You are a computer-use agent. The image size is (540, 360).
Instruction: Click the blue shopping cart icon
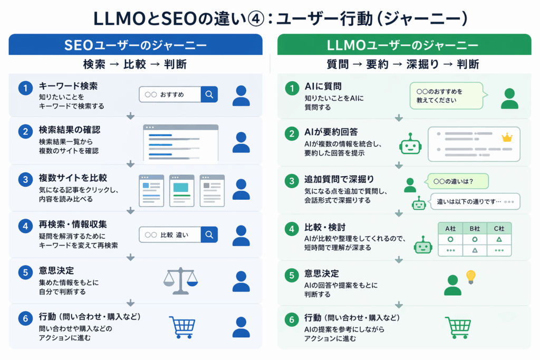click(182, 327)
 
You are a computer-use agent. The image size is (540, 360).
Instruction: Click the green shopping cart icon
click(457, 327)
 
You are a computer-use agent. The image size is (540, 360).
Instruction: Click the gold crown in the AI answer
click(507, 138)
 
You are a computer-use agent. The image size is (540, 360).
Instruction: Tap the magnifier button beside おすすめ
click(209, 94)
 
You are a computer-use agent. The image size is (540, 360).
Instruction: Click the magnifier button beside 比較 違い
click(209, 235)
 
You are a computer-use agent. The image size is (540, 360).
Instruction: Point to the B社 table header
click(475, 229)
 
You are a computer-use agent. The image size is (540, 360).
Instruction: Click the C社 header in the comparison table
click(499, 229)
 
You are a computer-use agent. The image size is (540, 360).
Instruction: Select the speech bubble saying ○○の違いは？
click(457, 181)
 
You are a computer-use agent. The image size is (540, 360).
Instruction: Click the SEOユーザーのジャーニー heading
click(135, 45)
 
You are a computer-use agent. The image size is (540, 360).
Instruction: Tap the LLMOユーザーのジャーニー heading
click(404, 45)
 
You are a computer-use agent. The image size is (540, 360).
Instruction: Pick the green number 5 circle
click(291, 275)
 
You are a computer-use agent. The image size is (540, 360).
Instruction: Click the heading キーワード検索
click(68, 86)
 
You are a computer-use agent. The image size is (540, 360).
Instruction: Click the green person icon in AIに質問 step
click(509, 98)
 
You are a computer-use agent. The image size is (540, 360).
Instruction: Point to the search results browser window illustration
click(180, 142)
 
